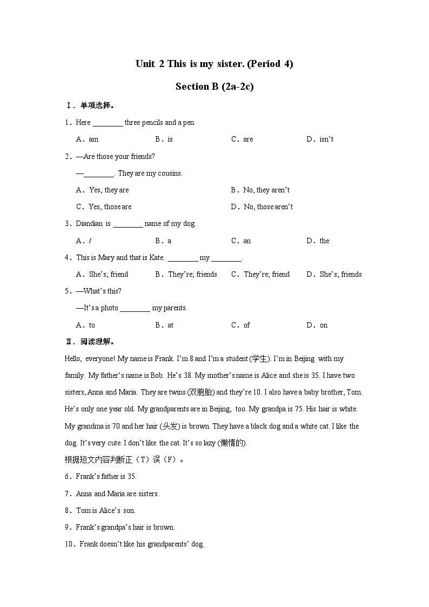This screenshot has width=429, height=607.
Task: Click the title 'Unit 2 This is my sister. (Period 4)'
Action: coord(215,64)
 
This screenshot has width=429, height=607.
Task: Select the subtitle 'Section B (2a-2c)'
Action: coord(215,86)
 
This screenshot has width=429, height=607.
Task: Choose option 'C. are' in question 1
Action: coord(242,139)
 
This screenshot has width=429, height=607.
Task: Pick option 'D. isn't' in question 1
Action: coord(320,139)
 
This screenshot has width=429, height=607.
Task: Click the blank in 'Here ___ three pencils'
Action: coord(108,123)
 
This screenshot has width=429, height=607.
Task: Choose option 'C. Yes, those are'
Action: coord(104,207)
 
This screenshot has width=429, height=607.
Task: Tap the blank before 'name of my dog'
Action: coord(128,224)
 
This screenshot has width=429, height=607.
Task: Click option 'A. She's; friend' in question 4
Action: coord(102,275)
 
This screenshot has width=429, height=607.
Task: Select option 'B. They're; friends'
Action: coord(186,275)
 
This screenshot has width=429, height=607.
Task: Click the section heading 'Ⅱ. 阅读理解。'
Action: coord(90,342)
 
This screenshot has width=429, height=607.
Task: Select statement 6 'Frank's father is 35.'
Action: coord(100,477)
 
